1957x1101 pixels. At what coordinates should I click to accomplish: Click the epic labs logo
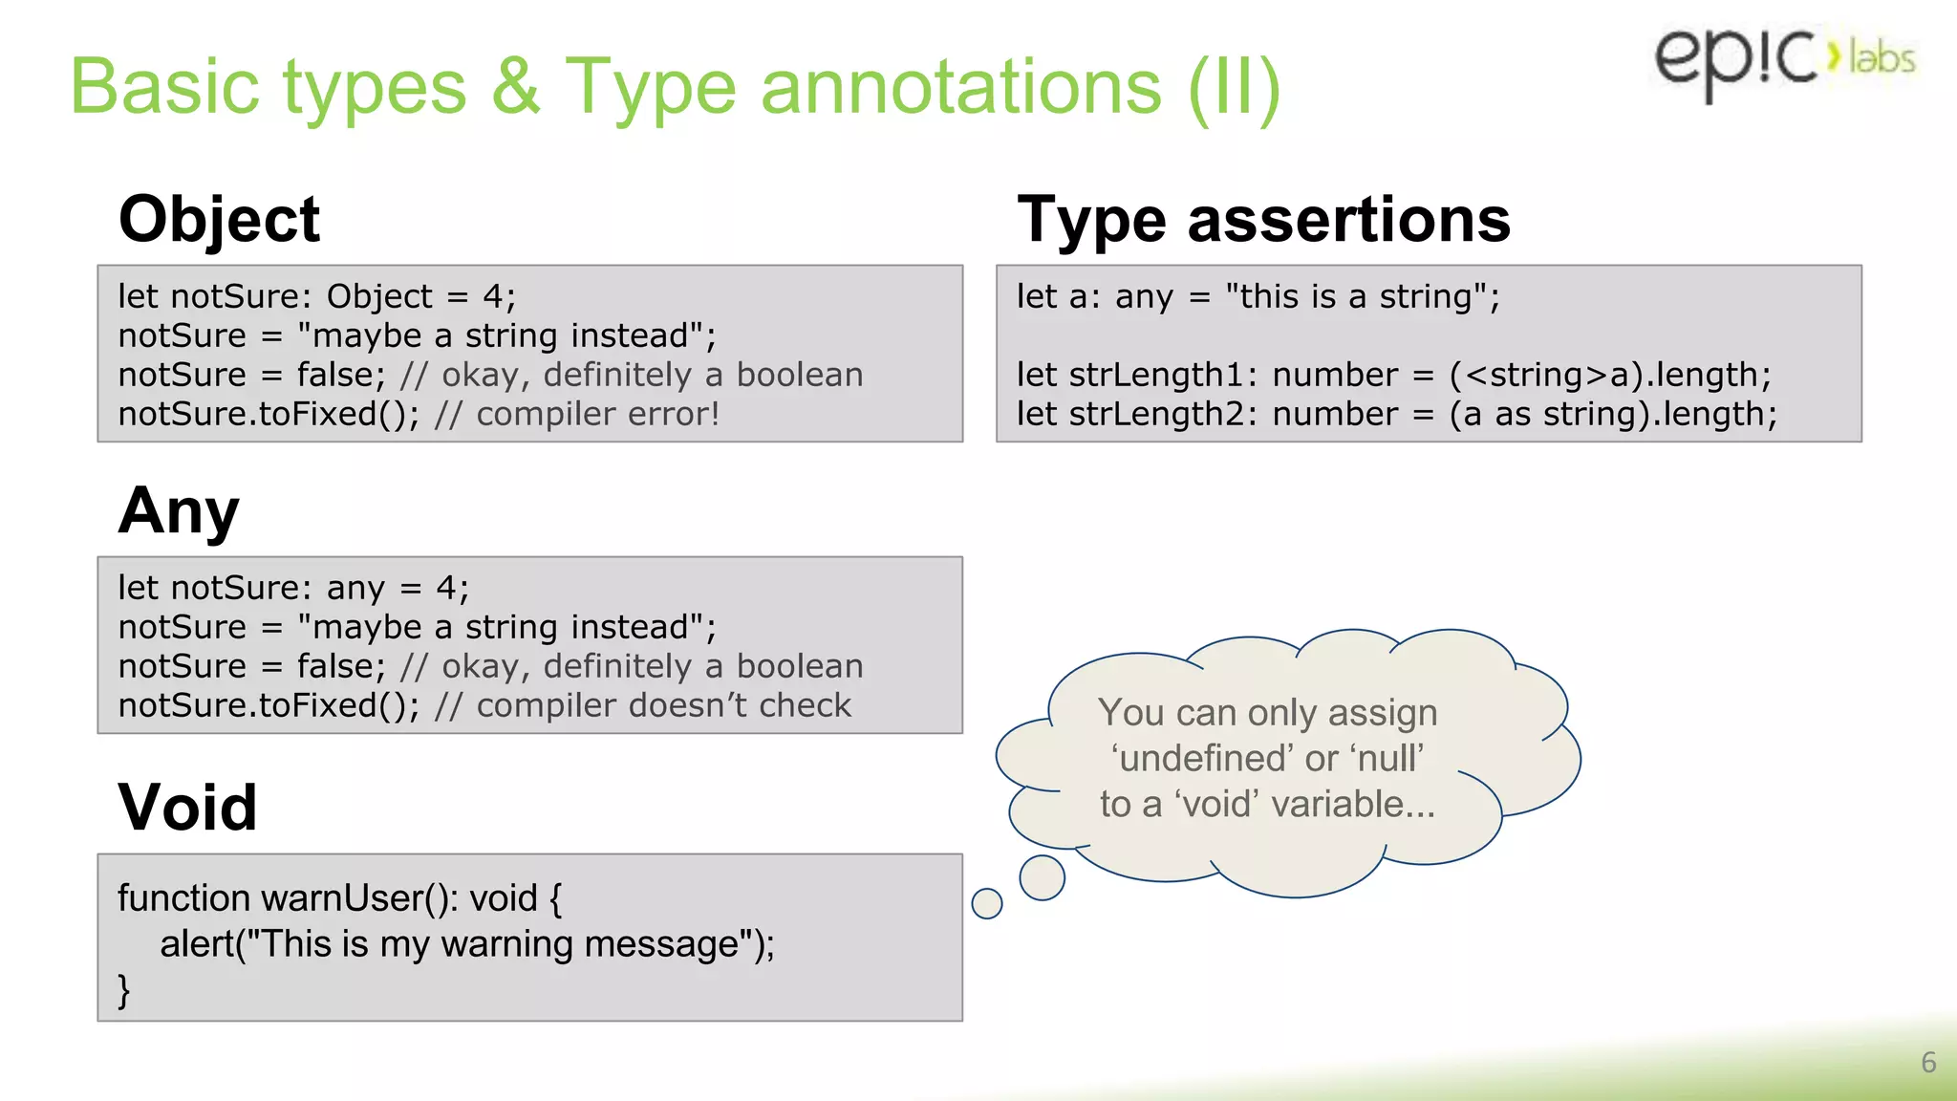(1783, 59)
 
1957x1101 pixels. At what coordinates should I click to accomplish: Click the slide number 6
(1928, 1063)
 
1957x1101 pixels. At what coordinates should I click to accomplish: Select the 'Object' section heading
(219, 220)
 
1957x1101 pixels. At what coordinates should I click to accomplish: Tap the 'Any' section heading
(179, 511)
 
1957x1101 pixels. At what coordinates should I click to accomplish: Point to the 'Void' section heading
(187, 808)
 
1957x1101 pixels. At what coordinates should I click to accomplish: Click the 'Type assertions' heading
(1263, 220)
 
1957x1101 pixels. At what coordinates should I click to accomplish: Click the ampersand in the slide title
(516, 86)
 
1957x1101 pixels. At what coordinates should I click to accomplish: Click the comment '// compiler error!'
(577, 415)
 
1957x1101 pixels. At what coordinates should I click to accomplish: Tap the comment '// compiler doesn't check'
(642, 705)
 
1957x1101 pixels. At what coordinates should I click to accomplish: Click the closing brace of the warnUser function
(124, 990)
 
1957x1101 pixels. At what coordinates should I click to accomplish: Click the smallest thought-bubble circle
(986, 903)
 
